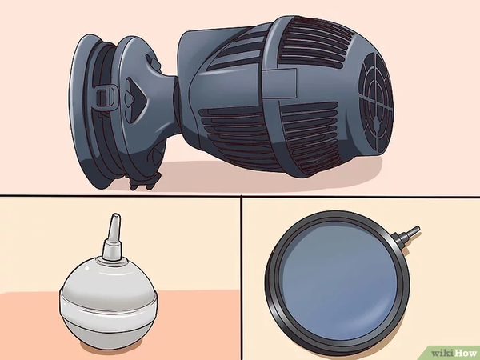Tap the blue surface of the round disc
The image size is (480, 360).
[339, 282]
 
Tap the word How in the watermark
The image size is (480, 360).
[466, 353]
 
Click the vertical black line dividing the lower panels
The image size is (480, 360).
[242, 278]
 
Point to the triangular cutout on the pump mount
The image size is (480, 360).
[135, 95]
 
